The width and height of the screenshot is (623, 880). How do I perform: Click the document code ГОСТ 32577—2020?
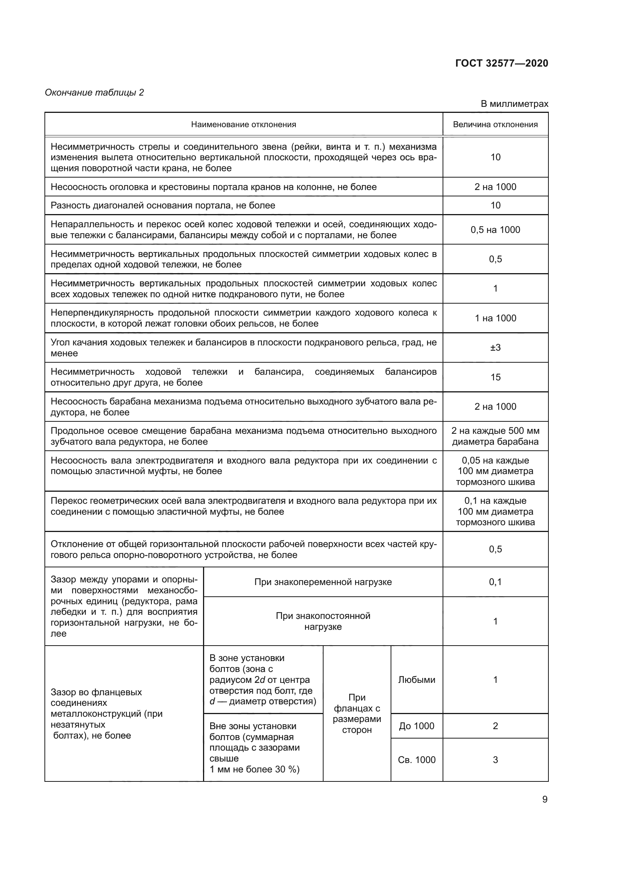501,63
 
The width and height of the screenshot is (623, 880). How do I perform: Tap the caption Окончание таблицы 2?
95,93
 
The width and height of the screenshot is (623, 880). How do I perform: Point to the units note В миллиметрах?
514,104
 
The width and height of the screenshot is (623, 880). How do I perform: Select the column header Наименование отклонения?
244,124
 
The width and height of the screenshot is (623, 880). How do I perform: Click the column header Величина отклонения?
495,124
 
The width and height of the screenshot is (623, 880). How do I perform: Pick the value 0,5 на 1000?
495,229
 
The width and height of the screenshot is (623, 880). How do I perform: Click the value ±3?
495,347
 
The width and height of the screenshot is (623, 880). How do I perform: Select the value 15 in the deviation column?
495,377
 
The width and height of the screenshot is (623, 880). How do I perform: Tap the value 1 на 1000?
495,318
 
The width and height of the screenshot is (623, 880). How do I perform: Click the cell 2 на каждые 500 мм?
495,436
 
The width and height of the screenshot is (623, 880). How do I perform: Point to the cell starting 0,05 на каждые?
495,471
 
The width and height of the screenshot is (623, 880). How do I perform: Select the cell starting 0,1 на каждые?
495,511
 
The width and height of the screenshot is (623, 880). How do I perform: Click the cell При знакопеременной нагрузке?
323,582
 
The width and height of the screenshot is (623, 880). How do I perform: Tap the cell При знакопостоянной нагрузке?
323,621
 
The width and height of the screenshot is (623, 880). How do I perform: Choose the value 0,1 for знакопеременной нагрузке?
495,582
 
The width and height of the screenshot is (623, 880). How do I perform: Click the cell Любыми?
417,679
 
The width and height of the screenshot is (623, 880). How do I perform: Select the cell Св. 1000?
417,760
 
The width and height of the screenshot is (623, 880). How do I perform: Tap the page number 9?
545,799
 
